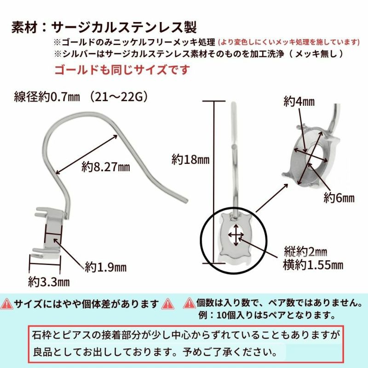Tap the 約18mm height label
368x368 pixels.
[x=190, y=160]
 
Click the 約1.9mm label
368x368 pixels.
[x=105, y=267]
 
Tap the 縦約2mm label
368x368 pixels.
[x=305, y=252]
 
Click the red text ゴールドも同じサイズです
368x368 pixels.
[x=122, y=70]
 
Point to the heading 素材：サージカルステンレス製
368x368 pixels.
[x=104, y=27]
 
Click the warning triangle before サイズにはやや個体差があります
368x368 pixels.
[x=7, y=304]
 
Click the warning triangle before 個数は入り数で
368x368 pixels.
[x=189, y=304]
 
